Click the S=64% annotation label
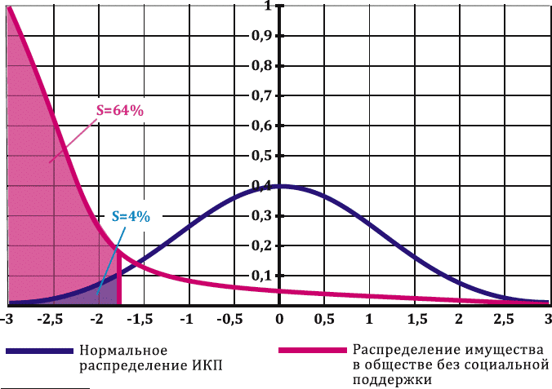coord(120,111)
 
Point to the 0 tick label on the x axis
coord(279,317)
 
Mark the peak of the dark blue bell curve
coord(279,186)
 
